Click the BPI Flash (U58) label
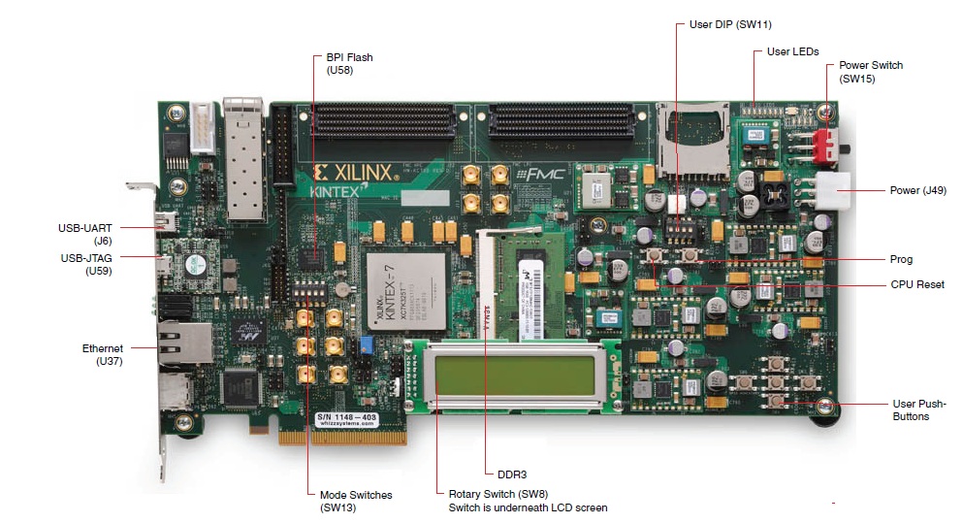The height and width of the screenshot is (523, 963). (x=349, y=64)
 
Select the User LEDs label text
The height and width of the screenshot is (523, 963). (x=792, y=51)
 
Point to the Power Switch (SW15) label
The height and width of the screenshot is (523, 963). (x=871, y=72)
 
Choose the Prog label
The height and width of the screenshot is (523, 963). (x=901, y=259)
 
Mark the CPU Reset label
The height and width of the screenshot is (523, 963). (x=916, y=284)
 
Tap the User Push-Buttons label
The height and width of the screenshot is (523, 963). (x=918, y=409)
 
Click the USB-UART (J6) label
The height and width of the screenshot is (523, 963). (x=87, y=234)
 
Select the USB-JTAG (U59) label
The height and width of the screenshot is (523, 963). (x=86, y=265)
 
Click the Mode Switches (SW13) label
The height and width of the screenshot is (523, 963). (x=355, y=501)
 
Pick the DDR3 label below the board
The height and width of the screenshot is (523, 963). (x=511, y=474)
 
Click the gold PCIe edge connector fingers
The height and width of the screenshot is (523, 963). (x=341, y=438)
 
